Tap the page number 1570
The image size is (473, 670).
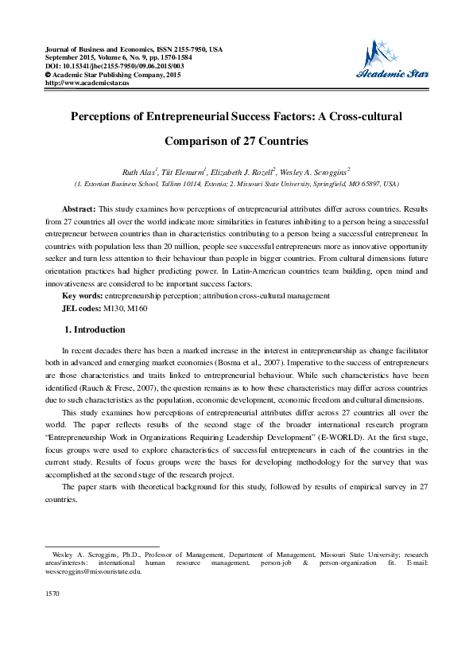(54, 593)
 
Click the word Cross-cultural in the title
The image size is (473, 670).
(365, 116)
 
